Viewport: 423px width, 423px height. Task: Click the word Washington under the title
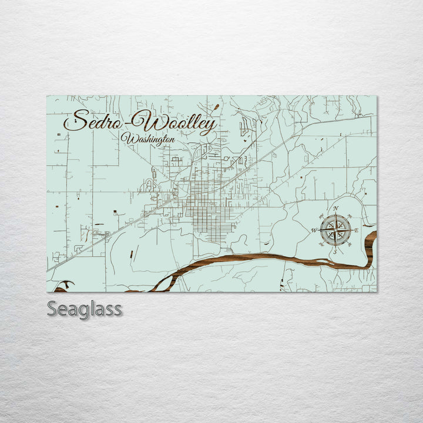148,139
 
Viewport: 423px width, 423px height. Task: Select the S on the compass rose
335,251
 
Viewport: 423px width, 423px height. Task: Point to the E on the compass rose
357,230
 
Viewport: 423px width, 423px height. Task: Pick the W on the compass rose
314,230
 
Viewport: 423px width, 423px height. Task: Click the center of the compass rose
335,230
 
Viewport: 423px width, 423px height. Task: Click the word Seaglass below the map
84,308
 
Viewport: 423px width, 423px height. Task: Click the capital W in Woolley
145,122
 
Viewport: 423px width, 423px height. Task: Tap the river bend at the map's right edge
370,247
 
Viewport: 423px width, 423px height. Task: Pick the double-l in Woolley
186,122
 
